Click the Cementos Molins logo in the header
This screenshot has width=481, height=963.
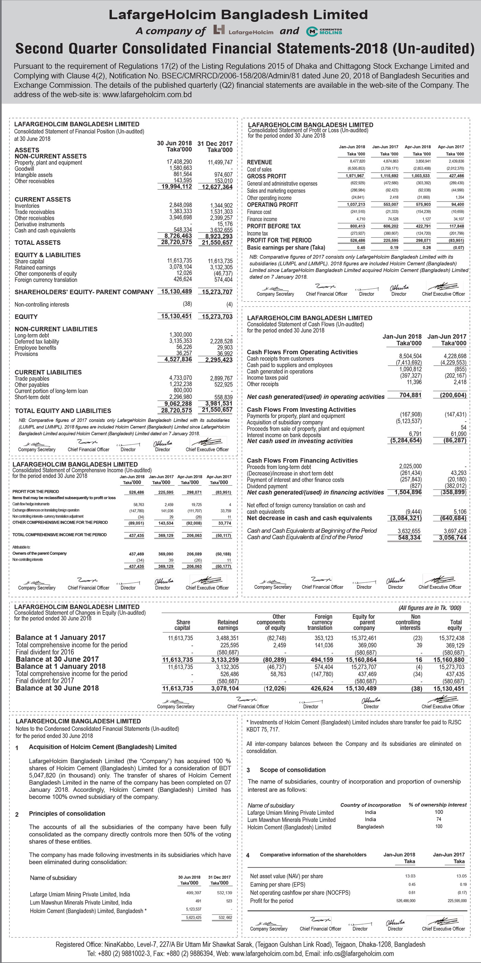(324, 31)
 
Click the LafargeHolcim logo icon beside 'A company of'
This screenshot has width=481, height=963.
(219, 30)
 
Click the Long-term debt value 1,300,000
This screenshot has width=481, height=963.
(180, 335)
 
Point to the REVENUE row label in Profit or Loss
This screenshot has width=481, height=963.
(259, 162)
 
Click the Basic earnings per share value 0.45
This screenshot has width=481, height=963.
(361, 248)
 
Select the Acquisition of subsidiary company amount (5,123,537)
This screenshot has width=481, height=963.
(409, 422)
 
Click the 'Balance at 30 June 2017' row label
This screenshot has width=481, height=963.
(57, 659)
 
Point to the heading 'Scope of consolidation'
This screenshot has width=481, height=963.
(292, 770)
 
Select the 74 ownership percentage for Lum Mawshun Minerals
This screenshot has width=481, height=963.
(438, 819)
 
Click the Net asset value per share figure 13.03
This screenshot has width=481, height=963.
(410, 876)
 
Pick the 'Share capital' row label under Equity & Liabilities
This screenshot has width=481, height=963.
(29, 261)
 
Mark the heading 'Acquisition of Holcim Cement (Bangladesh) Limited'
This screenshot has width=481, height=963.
(103, 747)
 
